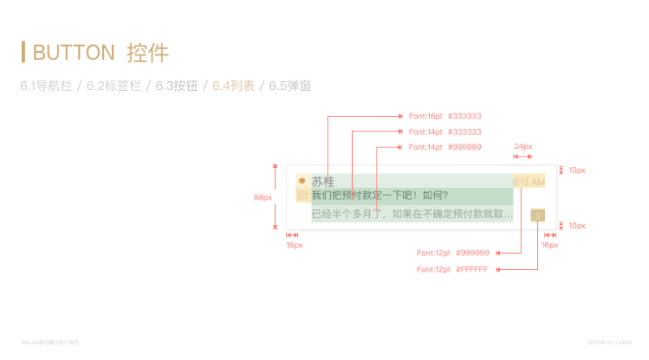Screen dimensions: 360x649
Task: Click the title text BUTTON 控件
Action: pos(101,53)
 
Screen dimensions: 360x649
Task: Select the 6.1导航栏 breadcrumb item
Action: pos(45,85)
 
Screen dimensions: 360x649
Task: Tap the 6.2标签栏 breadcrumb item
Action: pos(114,85)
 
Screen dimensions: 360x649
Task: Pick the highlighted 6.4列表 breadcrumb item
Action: pos(234,85)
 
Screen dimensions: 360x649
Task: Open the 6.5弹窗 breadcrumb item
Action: pos(290,85)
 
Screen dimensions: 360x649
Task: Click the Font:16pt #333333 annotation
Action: pos(445,117)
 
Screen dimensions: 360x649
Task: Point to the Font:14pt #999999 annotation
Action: pos(445,148)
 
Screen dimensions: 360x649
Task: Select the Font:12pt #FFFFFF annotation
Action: pos(453,269)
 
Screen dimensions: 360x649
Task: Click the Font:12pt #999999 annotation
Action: pos(453,253)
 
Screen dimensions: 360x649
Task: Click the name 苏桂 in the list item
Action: pos(323,182)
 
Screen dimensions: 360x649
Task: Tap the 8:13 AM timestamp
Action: pos(528,182)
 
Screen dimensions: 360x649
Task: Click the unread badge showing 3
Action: pos(537,215)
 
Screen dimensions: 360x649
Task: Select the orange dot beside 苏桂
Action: pos(302,181)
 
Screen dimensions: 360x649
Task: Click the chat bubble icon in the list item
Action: pos(302,195)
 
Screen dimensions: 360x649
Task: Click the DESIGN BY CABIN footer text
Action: pos(608,342)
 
